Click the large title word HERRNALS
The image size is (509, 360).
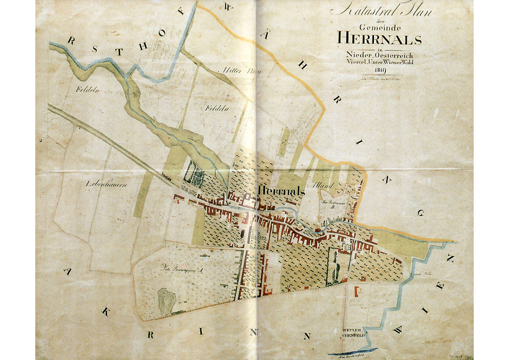click(x=379, y=38)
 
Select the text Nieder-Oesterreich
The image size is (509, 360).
click(x=380, y=55)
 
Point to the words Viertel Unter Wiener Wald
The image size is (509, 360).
click(x=380, y=62)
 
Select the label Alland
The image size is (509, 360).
click(x=323, y=185)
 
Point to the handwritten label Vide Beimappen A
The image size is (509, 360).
click(x=182, y=269)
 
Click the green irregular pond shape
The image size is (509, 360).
click(x=166, y=301)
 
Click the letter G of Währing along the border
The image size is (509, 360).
click(x=421, y=213)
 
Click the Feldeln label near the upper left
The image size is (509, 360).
click(x=87, y=90)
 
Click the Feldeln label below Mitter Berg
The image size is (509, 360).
click(x=217, y=108)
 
